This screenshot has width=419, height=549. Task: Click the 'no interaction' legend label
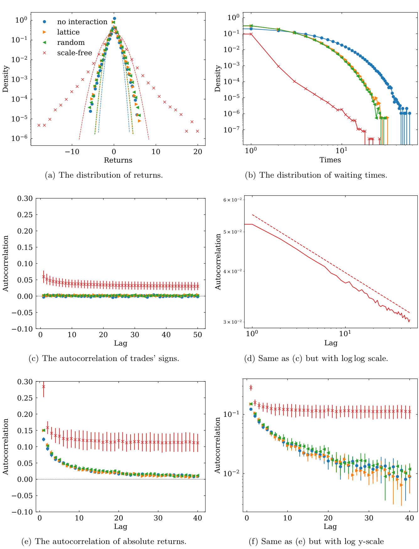[x=82, y=22]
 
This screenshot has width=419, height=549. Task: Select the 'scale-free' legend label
[x=74, y=53]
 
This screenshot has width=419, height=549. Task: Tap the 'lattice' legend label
[x=68, y=32]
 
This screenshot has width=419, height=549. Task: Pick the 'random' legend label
[x=71, y=42]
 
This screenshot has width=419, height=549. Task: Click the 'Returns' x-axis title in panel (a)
[x=118, y=160]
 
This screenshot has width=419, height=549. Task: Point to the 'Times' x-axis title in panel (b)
[x=330, y=160]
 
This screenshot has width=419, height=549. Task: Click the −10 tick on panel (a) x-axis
[x=72, y=152]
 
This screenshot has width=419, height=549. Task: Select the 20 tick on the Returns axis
[x=198, y=152]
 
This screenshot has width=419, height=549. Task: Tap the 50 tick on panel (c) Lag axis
[x=198, y=335]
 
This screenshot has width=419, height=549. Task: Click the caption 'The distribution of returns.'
[x=104, y=175]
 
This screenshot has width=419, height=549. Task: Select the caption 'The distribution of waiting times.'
[x=316, y=175]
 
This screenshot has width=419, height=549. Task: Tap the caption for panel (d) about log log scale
[x=316, y=358]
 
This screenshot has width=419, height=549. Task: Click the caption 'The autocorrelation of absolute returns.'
[x=104, y=541]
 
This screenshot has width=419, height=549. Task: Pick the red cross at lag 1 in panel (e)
[x=44, y=387]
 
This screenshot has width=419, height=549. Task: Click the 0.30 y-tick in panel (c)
[x=25, y=198]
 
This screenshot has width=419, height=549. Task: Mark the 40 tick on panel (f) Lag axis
[x=410, y=518]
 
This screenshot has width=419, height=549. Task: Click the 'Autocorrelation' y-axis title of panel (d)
[x=218, y=262]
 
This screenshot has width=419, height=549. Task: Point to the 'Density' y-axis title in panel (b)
[x=218, y=78]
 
